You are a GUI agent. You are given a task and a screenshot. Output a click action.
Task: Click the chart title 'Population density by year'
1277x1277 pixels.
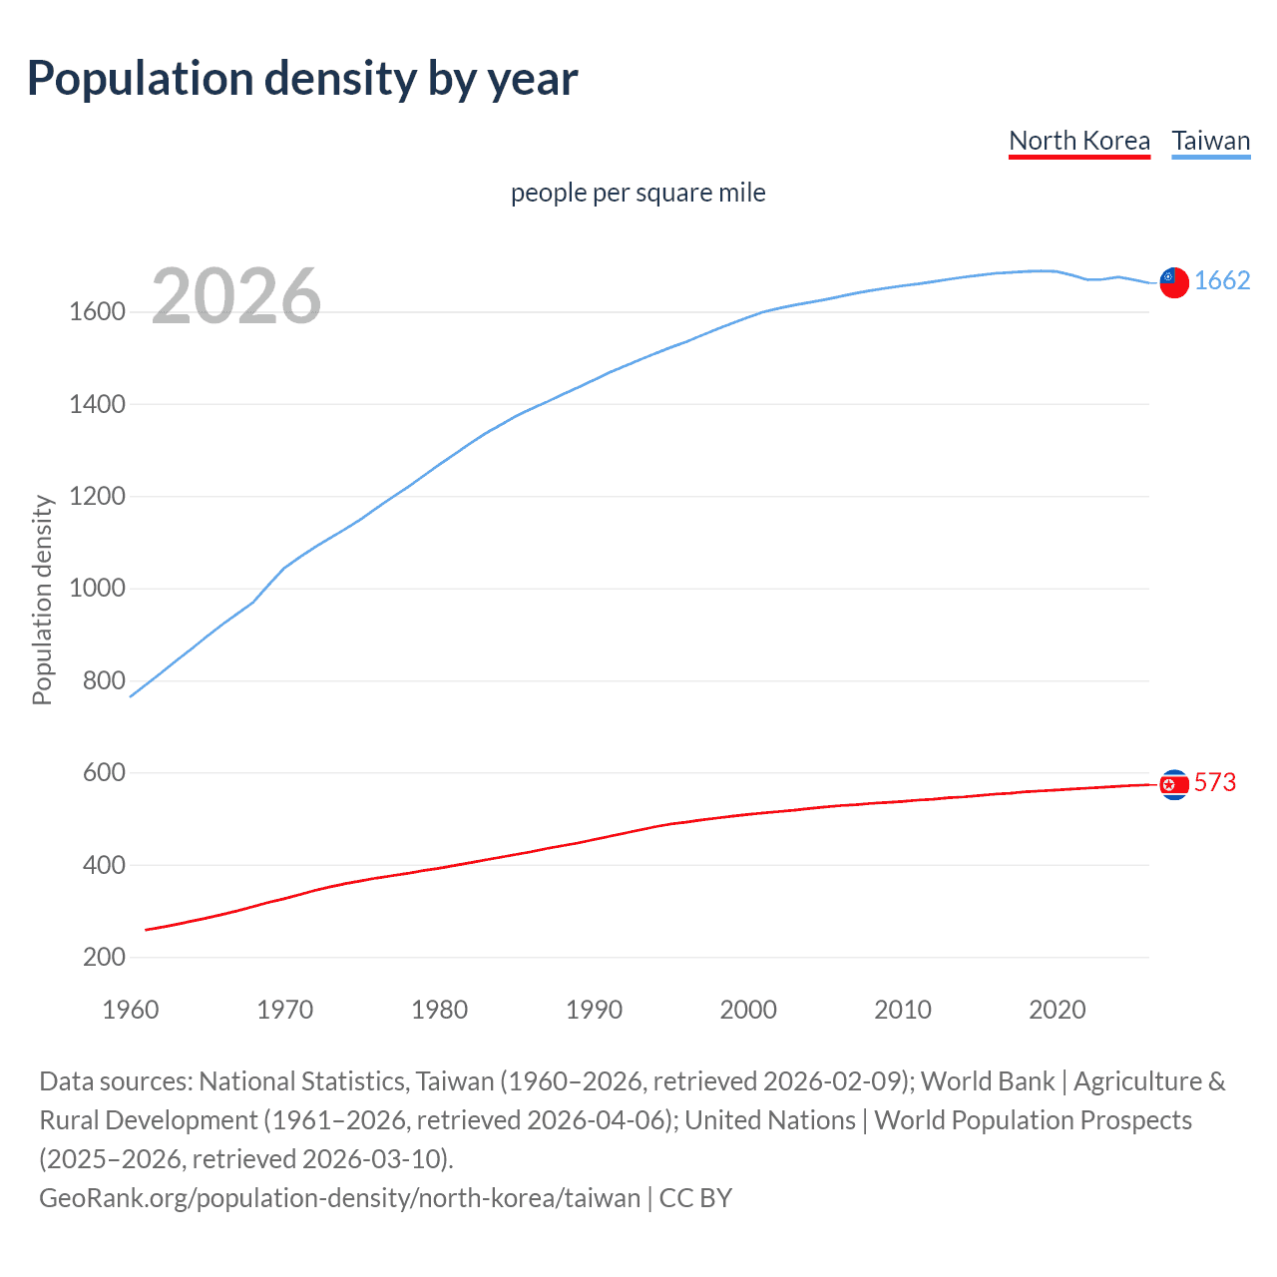(302, 79)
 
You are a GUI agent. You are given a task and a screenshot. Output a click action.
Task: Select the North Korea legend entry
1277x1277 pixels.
(1079, 141)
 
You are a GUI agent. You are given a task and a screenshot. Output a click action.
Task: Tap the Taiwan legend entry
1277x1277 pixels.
(1211, 141)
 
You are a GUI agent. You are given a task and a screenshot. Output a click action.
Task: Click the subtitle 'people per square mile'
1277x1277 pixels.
(638, 193)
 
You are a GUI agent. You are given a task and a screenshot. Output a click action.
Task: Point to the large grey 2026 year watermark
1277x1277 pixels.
(236, 296)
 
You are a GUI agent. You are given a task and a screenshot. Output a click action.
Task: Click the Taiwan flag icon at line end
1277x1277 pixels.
(1174, 282)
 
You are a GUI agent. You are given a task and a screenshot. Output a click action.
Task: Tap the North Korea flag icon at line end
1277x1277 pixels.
(1174, 785)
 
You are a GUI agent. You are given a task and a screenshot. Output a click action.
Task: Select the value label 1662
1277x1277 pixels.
(1222, 280)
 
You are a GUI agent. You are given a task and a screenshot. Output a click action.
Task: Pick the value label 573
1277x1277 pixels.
(1215, 782)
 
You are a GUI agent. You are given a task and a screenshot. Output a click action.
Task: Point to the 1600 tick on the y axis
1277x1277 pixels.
(97, 312)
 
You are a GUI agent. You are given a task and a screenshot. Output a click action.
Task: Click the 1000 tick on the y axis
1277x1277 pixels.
(97, 589)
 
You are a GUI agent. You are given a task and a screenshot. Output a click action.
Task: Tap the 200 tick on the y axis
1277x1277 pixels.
(104, 958)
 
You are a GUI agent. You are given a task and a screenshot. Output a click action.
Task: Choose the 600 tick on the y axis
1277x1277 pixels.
(104, 773)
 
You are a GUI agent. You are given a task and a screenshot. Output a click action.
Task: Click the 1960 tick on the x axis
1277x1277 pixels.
(131, 1010)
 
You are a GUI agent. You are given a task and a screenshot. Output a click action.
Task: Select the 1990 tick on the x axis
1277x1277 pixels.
(594, 1010)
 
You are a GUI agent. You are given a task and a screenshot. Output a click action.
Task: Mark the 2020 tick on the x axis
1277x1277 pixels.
(1057, 1010)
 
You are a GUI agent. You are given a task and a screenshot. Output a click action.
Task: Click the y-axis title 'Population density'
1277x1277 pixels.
(42, 601)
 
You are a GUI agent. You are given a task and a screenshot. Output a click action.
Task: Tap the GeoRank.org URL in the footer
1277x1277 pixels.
(339, 1197)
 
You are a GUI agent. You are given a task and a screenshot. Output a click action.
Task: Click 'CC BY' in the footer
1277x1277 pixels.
(695, 1197)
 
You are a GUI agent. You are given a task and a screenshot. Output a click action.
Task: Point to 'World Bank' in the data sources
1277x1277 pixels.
(987, 1081)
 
